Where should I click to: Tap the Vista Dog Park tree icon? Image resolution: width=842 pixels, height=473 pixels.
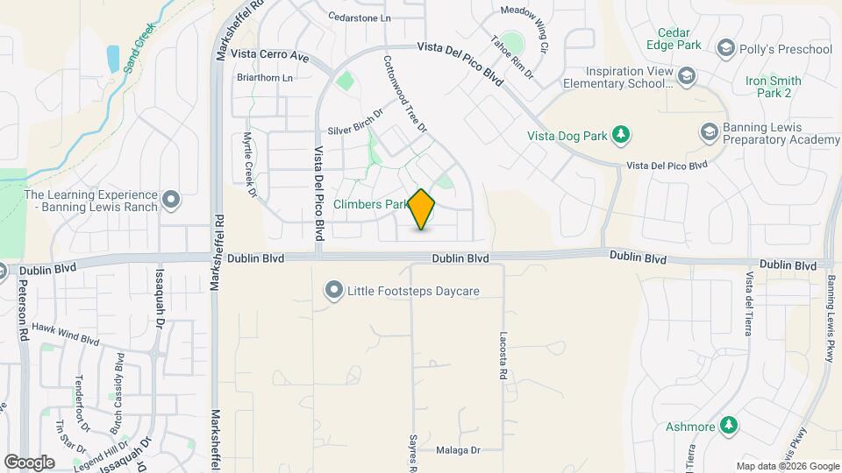tap(621, 134)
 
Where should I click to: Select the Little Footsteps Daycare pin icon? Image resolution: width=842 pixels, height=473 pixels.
tap(333, 290)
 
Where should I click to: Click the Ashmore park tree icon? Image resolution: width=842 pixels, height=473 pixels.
tap(728, 426)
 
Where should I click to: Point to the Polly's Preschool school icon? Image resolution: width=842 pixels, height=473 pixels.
tap(725, 48)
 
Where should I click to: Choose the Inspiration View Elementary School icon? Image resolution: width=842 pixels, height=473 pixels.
tap(687, 77)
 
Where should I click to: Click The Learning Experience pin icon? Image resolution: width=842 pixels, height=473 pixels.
tap(171, 201)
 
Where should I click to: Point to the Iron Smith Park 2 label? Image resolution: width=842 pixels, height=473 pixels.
tap(774, 87)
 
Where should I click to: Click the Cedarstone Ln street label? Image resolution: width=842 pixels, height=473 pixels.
tap(359, 17)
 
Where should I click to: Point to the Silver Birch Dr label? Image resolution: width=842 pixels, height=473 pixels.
tap(356, 124)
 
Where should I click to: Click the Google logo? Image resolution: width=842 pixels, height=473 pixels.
tap(30, 462)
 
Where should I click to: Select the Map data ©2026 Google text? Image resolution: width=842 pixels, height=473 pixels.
tap(787, 466)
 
